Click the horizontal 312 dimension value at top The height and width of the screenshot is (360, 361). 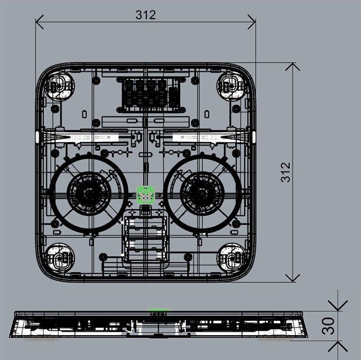pos(145,15)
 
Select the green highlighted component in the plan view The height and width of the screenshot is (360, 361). pos(145,195)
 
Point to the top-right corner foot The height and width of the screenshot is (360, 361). pos(233,85)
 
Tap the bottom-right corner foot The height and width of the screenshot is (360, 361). pos(233,257)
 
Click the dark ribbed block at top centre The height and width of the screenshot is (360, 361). pos(148,93)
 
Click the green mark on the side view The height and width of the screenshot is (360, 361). pos(156,310)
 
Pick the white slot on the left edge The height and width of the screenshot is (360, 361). pos(37,136)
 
